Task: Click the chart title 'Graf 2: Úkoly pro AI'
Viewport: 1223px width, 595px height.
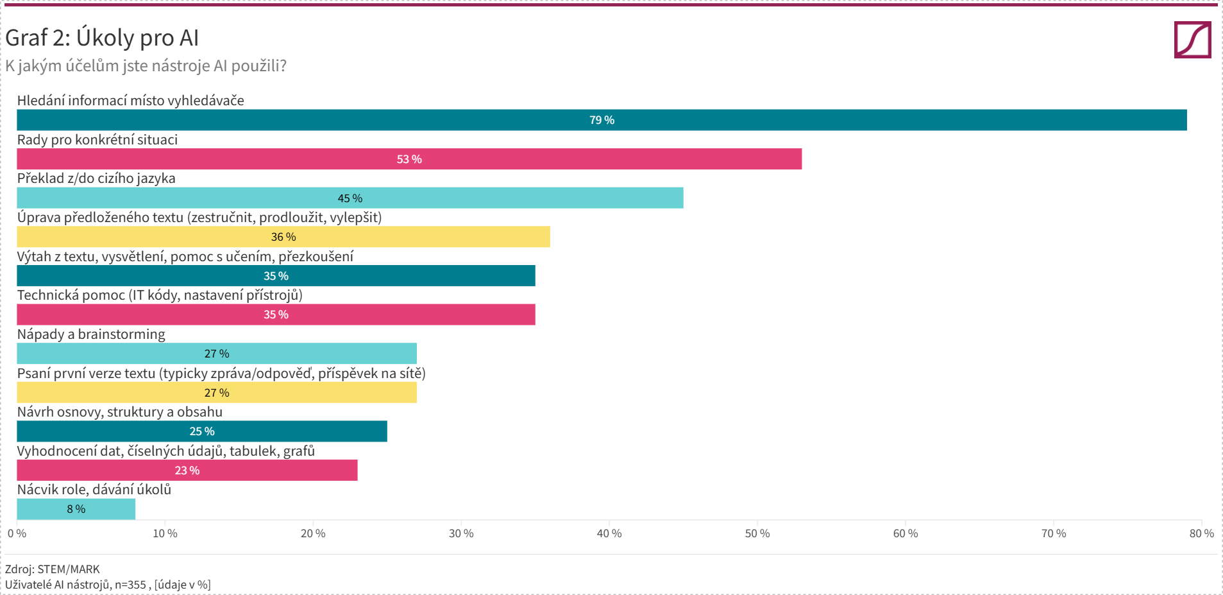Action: (102, 38)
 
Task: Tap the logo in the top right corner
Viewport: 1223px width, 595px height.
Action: (1192, 40)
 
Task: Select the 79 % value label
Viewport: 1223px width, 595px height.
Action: (602, 120)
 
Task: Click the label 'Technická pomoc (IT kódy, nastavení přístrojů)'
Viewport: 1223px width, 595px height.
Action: (160, 295)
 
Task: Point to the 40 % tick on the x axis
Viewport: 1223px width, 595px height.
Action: (609, 533)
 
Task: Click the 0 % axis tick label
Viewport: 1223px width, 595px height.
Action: (17, 533)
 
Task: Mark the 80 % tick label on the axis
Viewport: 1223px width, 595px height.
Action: (1201, 533)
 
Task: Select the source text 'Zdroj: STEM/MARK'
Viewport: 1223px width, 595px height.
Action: (53, 569)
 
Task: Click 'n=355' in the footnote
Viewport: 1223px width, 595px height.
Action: (130, 585)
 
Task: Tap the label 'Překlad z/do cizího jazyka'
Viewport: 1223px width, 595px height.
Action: (96, 178)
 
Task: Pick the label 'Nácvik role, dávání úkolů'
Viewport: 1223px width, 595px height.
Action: (94, 490)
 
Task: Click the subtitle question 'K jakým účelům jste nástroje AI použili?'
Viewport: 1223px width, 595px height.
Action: (146, 65)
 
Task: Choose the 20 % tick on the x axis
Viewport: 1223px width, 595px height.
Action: (313, 533)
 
